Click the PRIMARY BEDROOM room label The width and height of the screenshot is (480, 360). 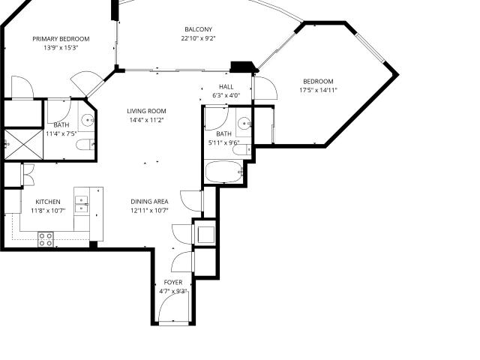61,39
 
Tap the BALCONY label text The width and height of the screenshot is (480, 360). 198,29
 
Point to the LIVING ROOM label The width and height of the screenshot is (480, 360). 147,111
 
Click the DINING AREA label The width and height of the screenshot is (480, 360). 149,202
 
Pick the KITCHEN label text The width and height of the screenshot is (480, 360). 48,202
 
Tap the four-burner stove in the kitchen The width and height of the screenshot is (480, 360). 46,239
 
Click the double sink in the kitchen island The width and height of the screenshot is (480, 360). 82,204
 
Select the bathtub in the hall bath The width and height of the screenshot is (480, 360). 224,172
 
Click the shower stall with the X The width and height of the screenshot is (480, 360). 23,145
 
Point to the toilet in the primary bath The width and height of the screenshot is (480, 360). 85,145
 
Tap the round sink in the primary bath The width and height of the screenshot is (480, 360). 88,120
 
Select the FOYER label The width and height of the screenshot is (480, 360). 173,282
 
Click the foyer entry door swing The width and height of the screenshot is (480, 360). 173,307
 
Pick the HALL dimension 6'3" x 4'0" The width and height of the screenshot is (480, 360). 226,95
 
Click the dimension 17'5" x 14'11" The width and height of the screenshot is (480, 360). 318,90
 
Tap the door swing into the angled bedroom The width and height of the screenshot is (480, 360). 265,88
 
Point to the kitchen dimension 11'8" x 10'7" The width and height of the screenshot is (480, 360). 48,211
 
